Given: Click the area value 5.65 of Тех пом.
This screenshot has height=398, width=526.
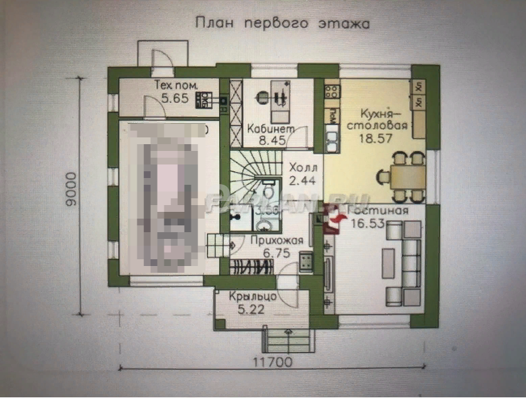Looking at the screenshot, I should click(x=166, y=97).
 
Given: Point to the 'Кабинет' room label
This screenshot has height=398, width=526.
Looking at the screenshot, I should click(x=270, y=129).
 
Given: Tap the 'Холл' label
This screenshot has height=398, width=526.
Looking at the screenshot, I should click(x=301, y=167).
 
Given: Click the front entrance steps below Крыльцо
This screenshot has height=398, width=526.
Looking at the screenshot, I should click(x=287, y=338).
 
